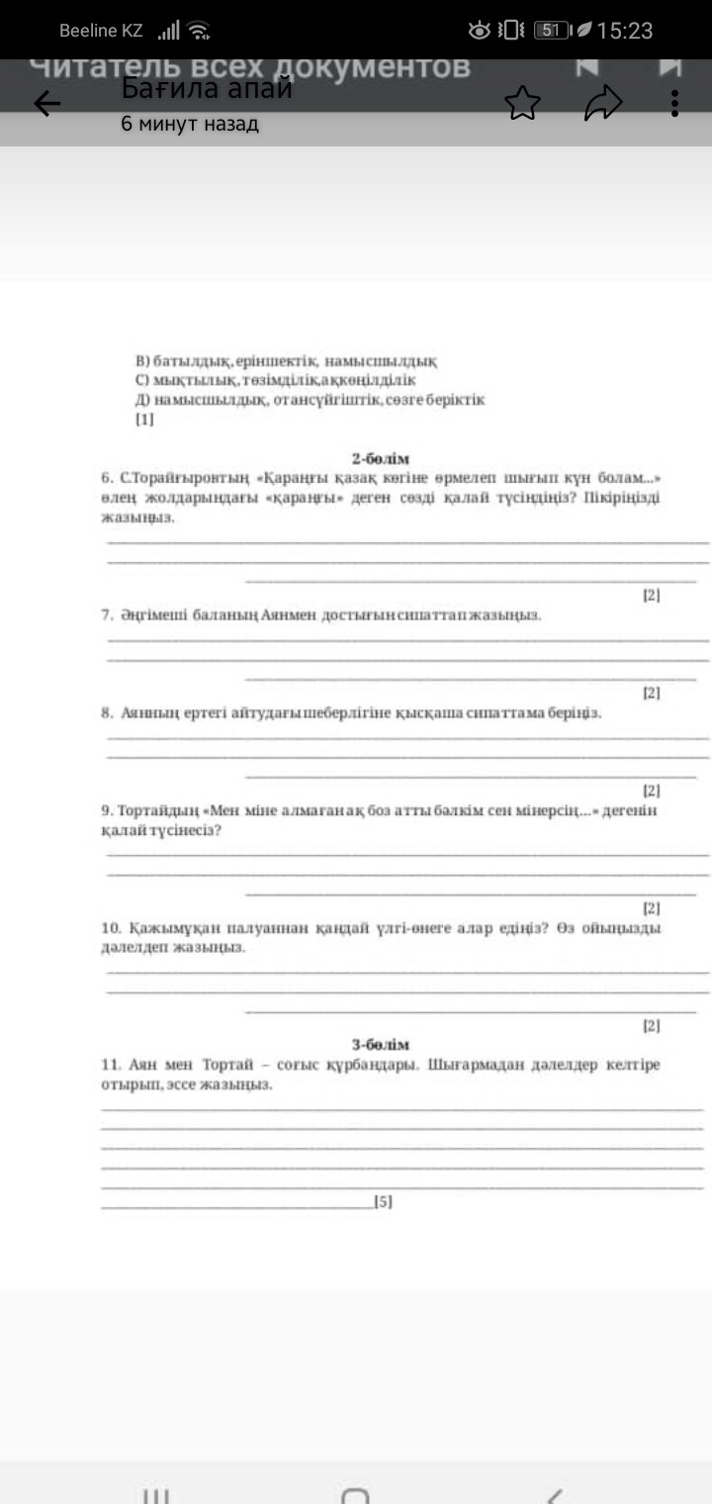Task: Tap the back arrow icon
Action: click(47, 103)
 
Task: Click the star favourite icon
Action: click(523, 103)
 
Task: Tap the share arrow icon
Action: click(602, 103)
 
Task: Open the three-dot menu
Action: click(674, 103)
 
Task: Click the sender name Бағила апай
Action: click(207, 89)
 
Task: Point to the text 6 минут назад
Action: click(190, 125)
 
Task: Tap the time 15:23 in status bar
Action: click(625, 31)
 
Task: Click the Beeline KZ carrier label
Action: click(101, 31)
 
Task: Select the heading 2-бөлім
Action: click(381, 458)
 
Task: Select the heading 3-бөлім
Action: click(381, 1045)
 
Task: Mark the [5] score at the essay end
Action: click(383, 1202)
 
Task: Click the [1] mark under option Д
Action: click(144, 420)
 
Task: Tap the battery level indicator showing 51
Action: click(552, 31)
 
